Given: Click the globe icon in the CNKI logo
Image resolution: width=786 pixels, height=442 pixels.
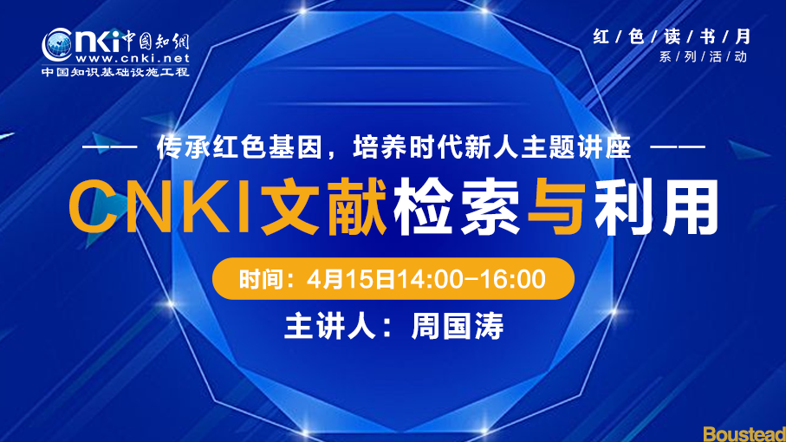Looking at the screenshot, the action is [57, 46].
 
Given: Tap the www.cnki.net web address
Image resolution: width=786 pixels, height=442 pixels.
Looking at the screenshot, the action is [133, 58].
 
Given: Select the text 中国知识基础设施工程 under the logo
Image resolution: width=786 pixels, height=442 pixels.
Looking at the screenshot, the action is [115, 72].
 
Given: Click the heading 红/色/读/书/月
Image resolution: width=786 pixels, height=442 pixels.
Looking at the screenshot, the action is [672, 36].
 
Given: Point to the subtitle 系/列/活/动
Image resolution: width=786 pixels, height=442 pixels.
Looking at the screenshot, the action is [704, 56].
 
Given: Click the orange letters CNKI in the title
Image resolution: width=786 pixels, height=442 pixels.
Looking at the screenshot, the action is [160, 206].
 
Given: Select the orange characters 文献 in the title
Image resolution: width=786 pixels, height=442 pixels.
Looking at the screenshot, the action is [324, 206].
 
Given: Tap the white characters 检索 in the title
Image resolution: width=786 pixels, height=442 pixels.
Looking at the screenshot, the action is [457, 206].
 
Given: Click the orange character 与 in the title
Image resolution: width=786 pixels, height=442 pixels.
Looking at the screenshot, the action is [557, 206].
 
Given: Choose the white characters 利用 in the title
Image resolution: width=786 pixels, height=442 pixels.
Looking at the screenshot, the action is [656, 206].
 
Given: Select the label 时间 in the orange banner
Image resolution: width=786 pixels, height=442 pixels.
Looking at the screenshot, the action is [258, 279].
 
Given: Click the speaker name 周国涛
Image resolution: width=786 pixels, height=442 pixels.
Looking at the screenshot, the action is [458, 326].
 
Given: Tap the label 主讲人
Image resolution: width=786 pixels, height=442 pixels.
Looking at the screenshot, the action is [330, 326].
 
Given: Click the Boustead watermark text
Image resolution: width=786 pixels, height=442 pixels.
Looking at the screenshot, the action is [744, 434].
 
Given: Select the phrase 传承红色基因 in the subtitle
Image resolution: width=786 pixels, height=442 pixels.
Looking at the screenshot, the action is [239, 147].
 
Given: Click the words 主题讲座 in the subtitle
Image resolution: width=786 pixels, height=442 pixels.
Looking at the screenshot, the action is [575, 147].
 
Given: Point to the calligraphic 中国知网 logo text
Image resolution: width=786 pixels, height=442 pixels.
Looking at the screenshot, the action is [155, 40].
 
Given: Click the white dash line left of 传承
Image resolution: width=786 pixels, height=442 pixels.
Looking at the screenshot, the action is [109, 147].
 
